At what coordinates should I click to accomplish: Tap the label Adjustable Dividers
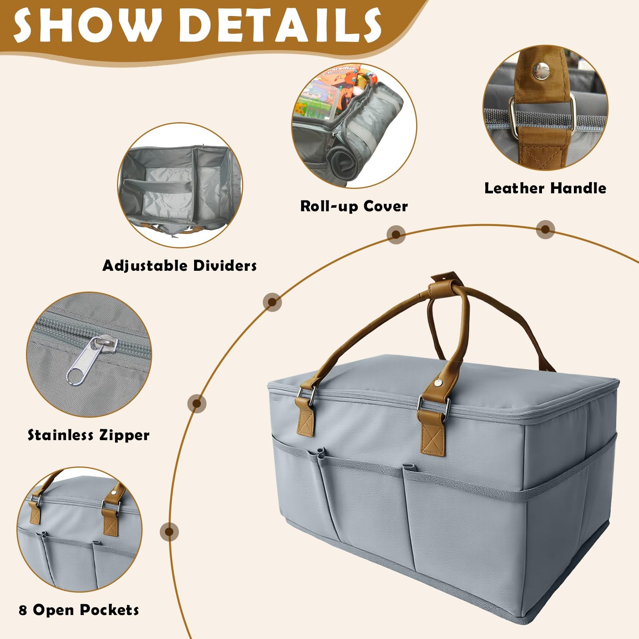click(x=179, y=266)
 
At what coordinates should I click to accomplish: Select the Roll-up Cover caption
click(x=354, y=206)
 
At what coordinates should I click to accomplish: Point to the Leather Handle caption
click(x=545, y=188)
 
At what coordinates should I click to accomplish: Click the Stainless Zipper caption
click(x=88, y=435)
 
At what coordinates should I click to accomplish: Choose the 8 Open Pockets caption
click(x=79, y=610)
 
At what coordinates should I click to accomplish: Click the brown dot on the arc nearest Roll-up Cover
click(x=396, y=234)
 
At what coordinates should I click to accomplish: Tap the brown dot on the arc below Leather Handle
click(x=545, y=229)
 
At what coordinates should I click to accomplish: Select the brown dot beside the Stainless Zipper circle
click(x=196, y=404)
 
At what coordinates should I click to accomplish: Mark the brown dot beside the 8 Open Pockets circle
click(x=169, y=532)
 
